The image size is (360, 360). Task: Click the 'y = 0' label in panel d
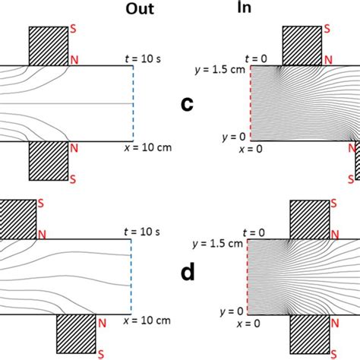229,311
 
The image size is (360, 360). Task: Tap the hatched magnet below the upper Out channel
47,159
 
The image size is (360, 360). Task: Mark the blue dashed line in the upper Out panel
133,103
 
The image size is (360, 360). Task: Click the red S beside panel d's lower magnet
327,353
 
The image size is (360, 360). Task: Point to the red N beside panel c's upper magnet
327,58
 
